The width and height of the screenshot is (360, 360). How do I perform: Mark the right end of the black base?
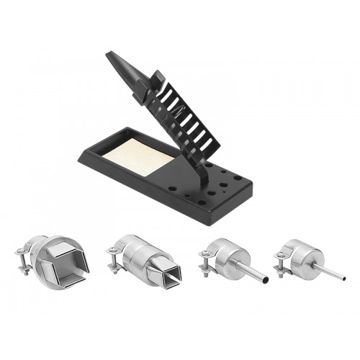click(248, 189)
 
